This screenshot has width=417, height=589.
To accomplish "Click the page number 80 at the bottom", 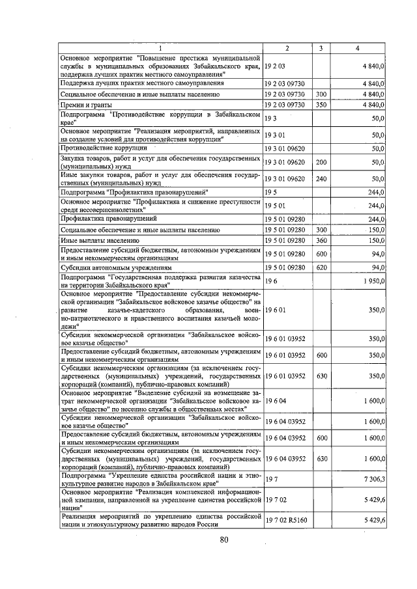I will (225, 539).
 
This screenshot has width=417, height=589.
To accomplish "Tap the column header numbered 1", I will (161, 49).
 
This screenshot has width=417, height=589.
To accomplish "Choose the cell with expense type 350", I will (320, 104).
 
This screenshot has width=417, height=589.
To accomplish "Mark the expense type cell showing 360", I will (320, 240).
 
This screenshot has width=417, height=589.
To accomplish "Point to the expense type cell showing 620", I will (320, 267).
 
